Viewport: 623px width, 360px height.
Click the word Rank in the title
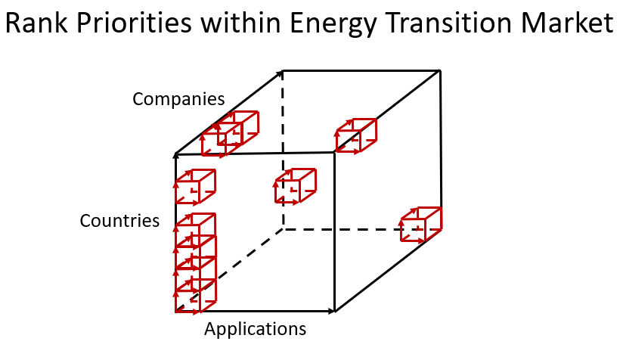tap(36, 23)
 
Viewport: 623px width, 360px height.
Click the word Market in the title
tap(567, 23)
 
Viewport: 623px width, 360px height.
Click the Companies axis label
tap(178, 99)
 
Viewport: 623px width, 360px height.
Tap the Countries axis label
tap(119, 221)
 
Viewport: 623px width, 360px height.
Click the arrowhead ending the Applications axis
tap(332, 311)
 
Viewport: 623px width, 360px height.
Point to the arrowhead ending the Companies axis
tap(280, 73)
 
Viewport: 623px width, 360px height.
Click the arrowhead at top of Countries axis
tap(175, 156)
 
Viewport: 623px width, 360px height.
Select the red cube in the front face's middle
tap(295, 186)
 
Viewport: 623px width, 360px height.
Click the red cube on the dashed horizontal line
tap(421, 224)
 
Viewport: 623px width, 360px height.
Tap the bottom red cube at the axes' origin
tap(196, 296)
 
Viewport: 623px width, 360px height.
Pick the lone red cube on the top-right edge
tap(356, 135)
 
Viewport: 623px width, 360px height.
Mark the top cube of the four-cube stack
tap(196, 231)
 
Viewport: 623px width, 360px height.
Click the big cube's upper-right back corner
tap(440, 71)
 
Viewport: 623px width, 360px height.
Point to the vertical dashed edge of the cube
tap(283, 151)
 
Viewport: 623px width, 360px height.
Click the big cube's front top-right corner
tap(334, 153)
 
